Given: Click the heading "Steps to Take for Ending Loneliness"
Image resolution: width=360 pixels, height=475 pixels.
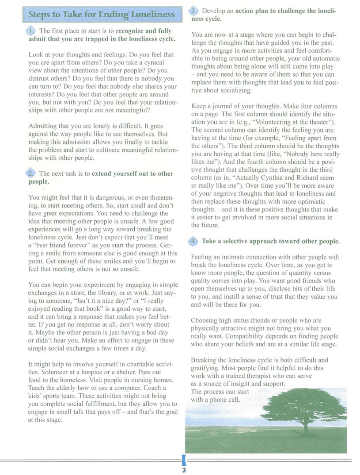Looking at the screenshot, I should pyautogui.click(x=102, y=14).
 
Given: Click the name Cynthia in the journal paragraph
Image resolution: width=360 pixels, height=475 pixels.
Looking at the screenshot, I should pyautogui.click(x=276, y=177).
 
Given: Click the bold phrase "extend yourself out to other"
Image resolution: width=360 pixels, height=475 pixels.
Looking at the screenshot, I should pyautogui.click(x=133, y=174).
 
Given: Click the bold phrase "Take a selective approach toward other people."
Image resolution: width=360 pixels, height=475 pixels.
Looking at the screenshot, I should pyautogui.click(x=271, y=241).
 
